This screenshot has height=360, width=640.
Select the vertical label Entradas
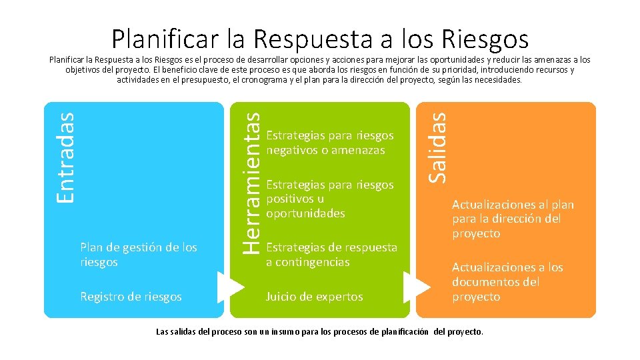pos(65,157)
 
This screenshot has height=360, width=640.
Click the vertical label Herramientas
pos(250,181)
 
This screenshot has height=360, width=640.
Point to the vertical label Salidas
pos(437,147)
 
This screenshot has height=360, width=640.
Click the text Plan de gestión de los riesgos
pos(138,255)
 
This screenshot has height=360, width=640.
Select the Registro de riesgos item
pos(130,297)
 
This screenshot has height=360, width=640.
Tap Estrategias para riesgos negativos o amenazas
pos(329,143)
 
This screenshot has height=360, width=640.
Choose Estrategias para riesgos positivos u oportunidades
pos(329,199)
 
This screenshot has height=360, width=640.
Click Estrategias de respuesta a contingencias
pos(331,255)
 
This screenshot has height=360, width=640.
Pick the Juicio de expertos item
pos(314,297)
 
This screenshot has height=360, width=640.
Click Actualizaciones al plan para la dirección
pos(513,219)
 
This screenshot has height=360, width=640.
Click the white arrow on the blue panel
pos(231,287)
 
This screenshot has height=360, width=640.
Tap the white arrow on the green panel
pos(417,287)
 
